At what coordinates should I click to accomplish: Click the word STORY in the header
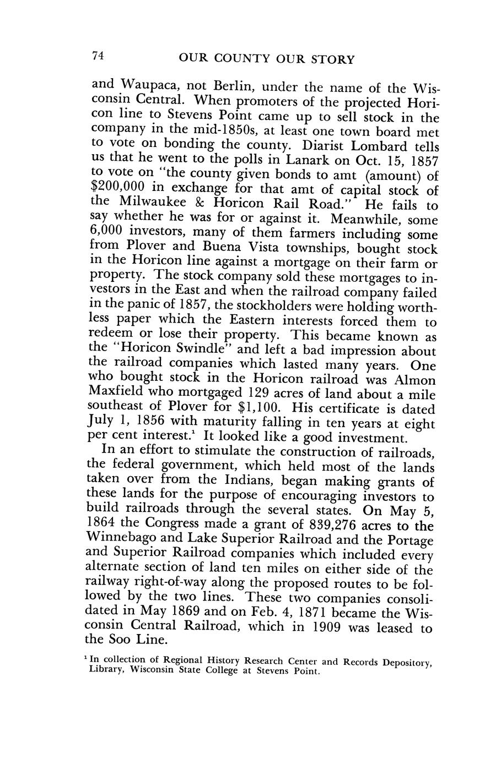pos(332,58)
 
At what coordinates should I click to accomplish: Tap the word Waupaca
pos(150,86)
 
